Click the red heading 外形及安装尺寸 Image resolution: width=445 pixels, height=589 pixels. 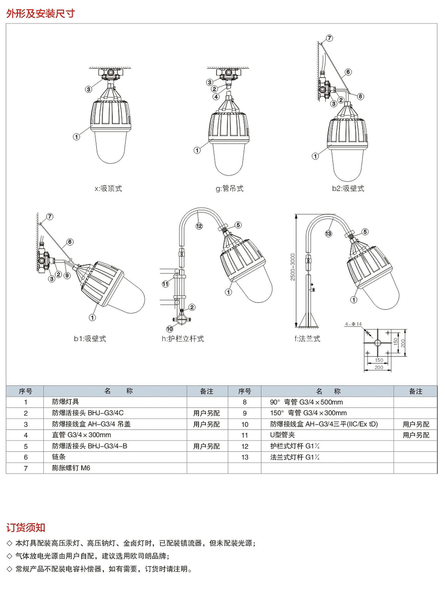pos(40,13)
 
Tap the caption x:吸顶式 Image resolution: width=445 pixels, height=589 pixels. pos(108,188)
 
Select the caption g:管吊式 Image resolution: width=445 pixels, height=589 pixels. pos(229,188)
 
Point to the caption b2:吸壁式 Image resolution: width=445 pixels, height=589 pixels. pos(348,188)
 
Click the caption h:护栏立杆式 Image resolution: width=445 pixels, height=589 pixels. pos(183,339)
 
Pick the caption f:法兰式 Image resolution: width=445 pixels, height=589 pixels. pos(307,339)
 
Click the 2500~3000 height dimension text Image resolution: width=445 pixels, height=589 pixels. pos(293,267)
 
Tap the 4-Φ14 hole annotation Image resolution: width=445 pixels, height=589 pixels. pos(353,324)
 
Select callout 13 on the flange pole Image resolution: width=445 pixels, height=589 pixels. pos(328,234)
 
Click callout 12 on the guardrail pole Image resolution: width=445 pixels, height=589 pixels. pos(199,226)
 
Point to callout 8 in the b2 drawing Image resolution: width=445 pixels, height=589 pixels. pos(360,96)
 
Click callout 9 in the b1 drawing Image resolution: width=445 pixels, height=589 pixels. pos(67,275)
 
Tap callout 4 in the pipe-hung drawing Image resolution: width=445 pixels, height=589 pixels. pos(216,97)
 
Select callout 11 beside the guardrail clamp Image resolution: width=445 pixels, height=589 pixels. pos(165,284)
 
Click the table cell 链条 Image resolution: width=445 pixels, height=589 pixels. pos(59,457)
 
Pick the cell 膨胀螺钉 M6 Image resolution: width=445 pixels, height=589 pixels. pos(71,468)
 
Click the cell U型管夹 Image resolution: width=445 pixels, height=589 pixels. pos(282,435)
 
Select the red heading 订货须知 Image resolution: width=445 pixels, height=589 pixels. pos(26,527)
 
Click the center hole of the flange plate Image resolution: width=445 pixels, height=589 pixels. pos(377,343)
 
